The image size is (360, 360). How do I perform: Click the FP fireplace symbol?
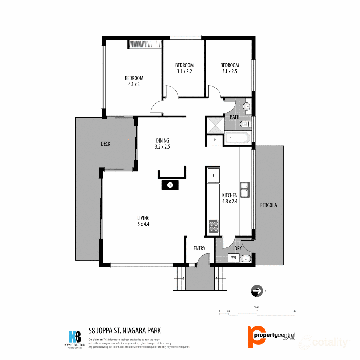(x=170, y=185)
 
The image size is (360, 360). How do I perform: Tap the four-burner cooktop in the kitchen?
(x=214, y=226)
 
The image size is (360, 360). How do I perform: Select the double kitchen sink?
(x=245, y=190)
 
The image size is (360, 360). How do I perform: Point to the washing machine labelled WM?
(x=233, y=258)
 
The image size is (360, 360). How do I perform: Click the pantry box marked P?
(x=215, y=140)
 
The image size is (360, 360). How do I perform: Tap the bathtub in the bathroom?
(x=237, y=138)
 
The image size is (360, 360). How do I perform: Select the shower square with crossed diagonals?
(x=215, y=124)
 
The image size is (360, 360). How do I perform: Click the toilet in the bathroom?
(x=245, y=124)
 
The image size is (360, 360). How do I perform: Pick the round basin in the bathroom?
(x=246, y=106)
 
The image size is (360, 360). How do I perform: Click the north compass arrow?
(x=257, y=291)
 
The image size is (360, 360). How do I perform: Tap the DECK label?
(x=106, y=144)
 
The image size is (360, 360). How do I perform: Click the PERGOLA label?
(x=268, y=205)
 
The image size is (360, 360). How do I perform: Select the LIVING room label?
(x=143, y=218)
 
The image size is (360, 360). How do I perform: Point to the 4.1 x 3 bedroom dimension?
(x=134, y=85)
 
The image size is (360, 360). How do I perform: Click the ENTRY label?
(x=199, y=248)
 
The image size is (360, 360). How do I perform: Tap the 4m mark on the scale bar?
(x=295, y=312)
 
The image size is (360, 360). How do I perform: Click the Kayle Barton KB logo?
(x=75, y=337)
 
